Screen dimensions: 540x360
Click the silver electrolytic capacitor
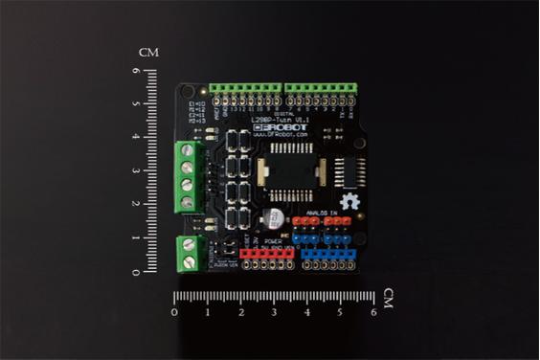point(275,216)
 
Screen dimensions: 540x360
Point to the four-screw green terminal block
point(186,176)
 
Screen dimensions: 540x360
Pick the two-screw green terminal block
point(188,252)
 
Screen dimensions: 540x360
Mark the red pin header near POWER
point(267,252)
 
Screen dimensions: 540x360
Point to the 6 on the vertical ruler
point(137,70)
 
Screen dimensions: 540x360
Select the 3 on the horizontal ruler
point(274,312)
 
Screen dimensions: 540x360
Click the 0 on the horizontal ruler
point(174,312)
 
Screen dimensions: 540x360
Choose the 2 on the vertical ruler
point(137,205)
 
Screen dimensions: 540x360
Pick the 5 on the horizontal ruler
point(340,312)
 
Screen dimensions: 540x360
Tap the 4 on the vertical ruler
point(137,138)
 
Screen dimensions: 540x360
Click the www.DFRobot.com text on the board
point(281,136)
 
